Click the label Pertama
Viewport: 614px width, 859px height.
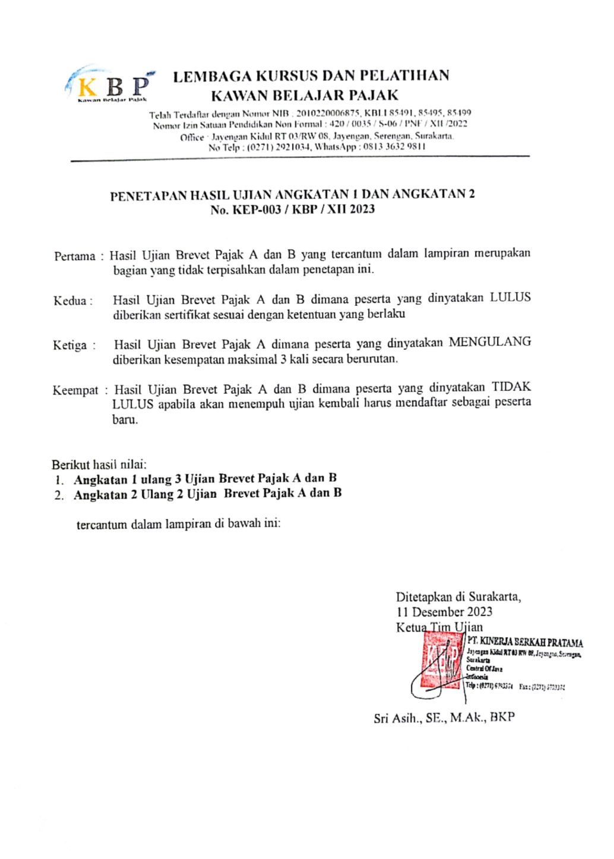(75, 257)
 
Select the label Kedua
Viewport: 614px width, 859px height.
(71, 301)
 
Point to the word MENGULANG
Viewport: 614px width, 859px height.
(490, 342)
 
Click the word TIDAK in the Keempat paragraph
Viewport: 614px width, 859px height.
(512, 387)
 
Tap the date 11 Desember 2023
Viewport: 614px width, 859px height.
(444, 611)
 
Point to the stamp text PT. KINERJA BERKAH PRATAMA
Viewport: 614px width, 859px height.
(525, 642)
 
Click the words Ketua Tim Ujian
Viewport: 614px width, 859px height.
(439, 626)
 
